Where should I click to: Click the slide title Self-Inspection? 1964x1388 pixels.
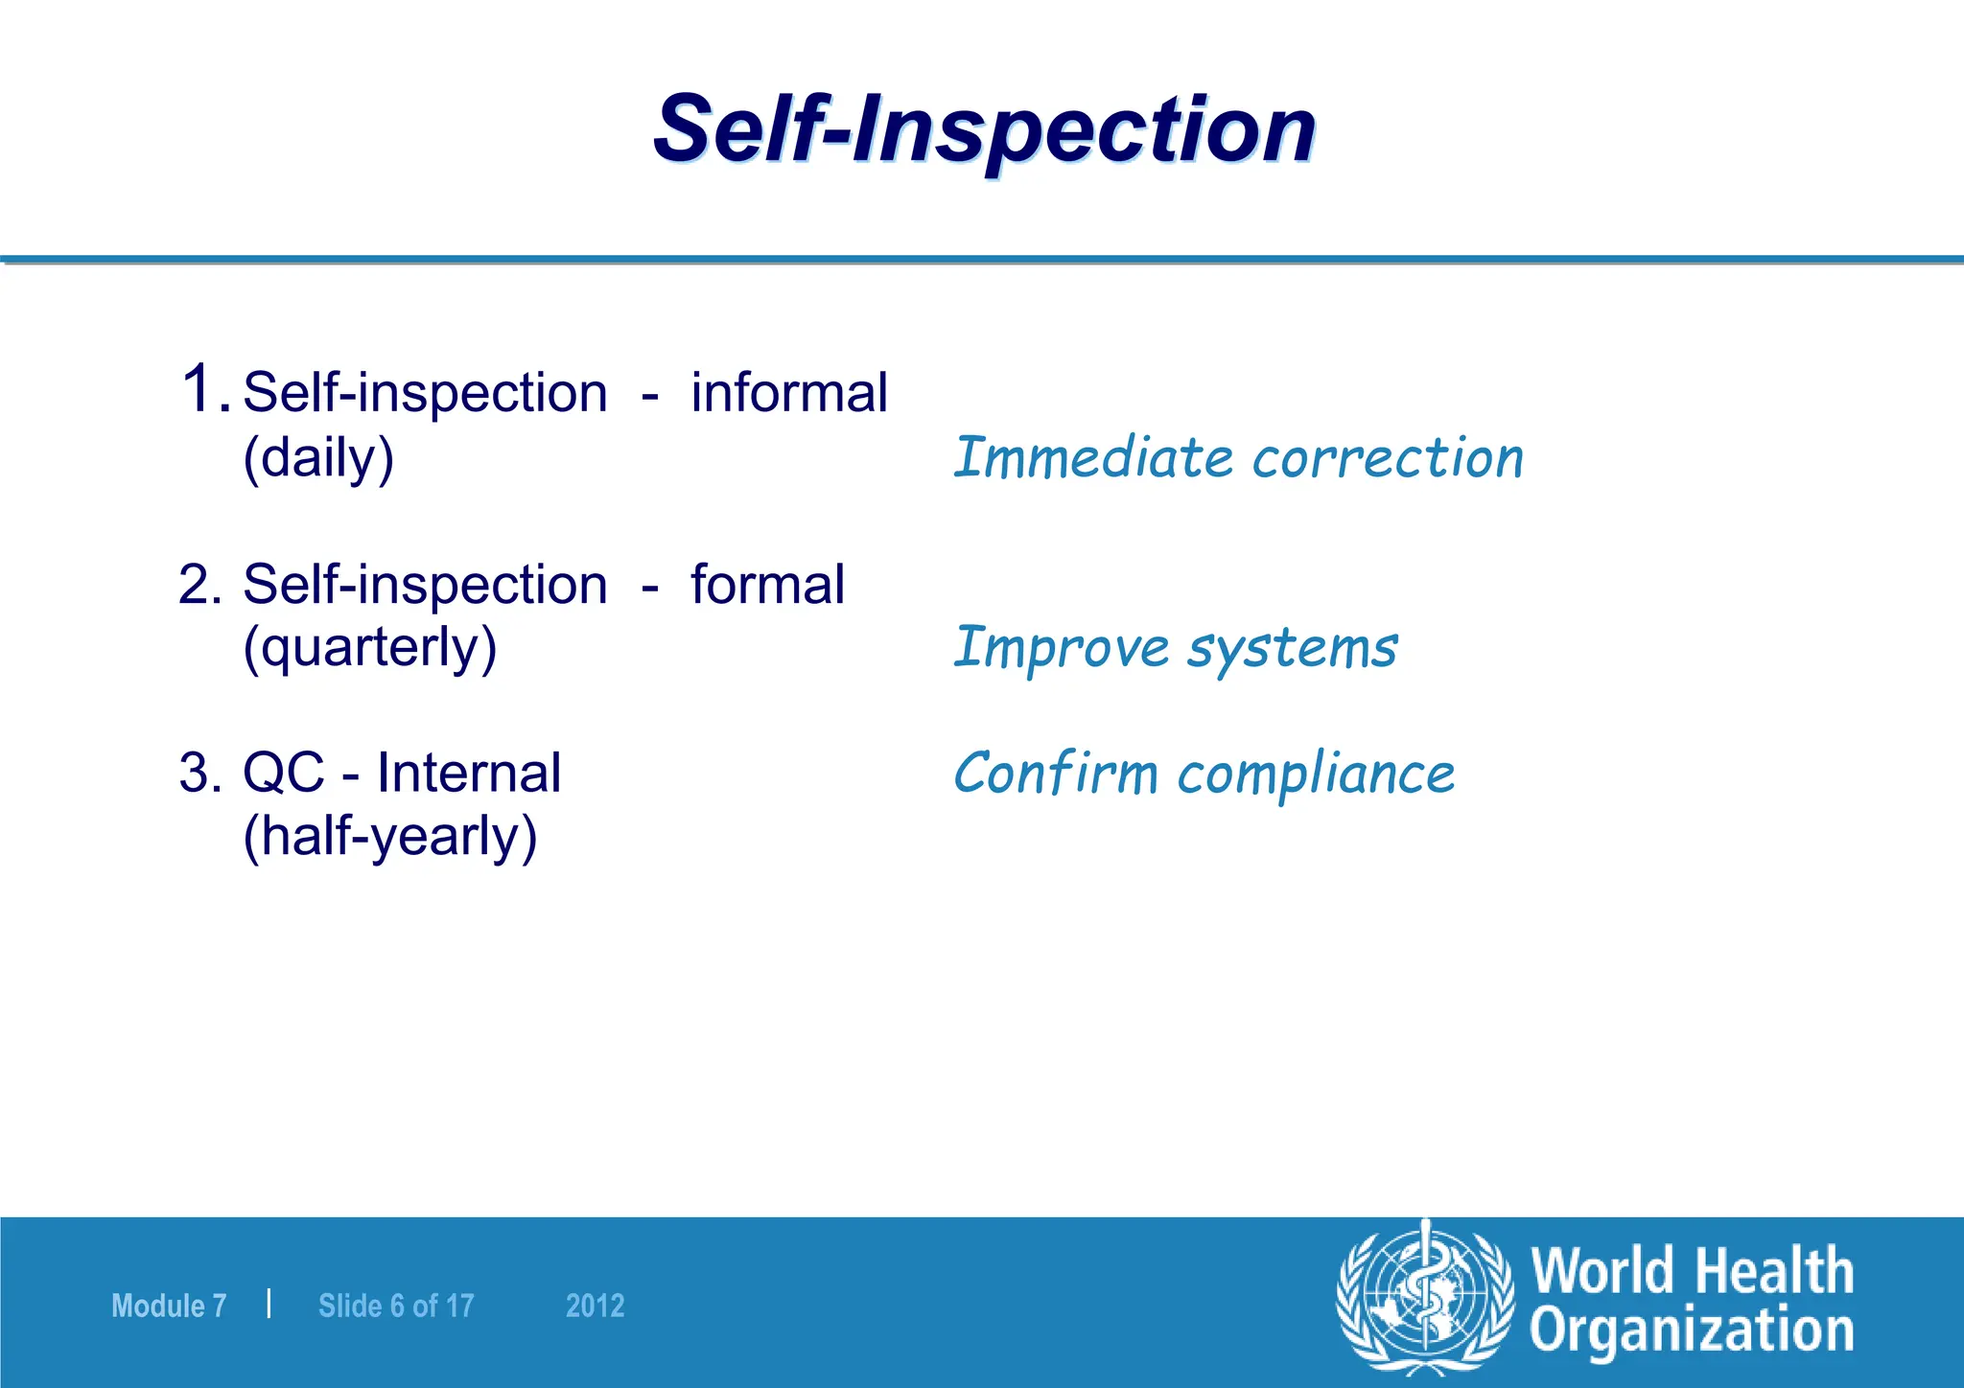984,129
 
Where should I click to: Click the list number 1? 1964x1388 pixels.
204,390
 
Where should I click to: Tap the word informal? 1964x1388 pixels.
789,393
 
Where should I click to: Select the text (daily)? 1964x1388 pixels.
318,458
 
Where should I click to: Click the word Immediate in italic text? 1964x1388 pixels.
1092,457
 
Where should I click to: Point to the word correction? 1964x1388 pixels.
1388,458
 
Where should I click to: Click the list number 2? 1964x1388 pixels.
199,585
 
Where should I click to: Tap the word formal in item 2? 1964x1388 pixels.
767,585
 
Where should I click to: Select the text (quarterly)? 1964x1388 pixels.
369,649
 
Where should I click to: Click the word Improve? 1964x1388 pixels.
1061,649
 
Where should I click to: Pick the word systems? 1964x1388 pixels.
1293,649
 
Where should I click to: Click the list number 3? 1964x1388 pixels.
199,773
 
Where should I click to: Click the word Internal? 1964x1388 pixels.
468,773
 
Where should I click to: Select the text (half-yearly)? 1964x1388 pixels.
389,837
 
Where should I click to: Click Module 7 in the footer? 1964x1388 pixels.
169,1306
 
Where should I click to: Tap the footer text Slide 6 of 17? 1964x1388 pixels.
396,1306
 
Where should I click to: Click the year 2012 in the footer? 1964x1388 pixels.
595,1306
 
